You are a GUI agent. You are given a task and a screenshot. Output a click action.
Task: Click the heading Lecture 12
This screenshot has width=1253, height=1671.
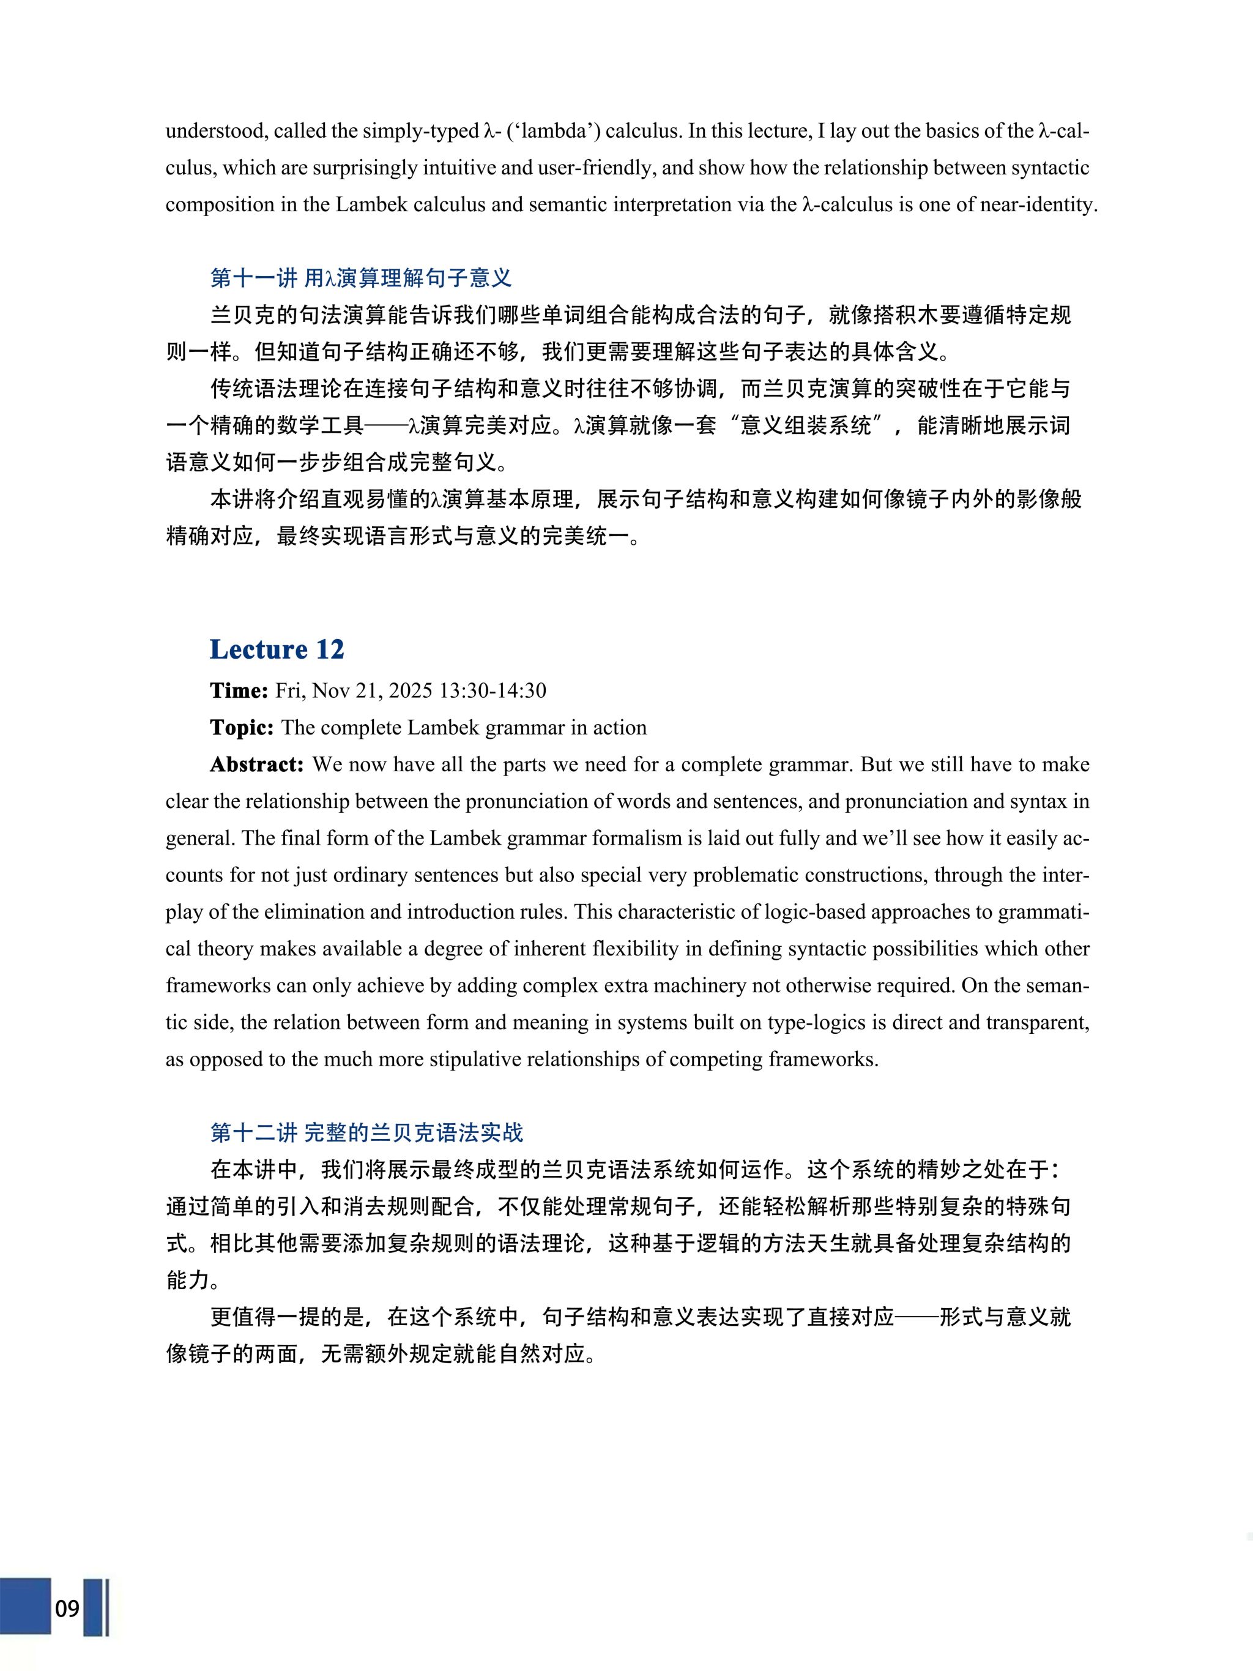pyautogui.click(x=277, y=649)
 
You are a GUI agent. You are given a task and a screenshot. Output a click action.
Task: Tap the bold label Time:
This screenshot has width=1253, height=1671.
pyautogui.click(x=239, y=690)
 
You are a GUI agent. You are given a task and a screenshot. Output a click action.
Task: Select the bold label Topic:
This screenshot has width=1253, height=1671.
pyautogui.click(x=242, y=728)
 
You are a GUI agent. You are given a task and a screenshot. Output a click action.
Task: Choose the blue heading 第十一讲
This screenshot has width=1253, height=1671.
pyautogui.click(x=254, y=278)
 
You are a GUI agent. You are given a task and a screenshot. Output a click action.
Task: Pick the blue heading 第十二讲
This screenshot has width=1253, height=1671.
pyautogui.click(x=254, y=1132)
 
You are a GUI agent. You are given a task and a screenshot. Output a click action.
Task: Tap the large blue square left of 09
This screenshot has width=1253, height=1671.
pyautogui.click(x=25, y=1606)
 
